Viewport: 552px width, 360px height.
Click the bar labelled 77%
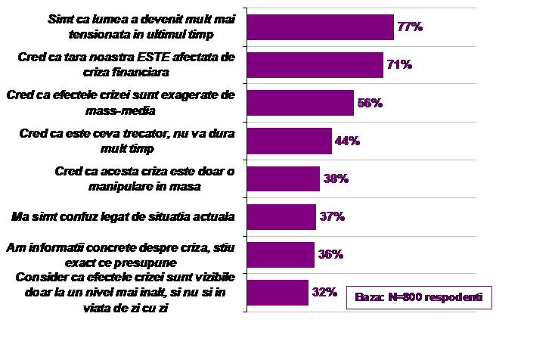point(321,26)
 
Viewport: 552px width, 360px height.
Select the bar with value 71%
point(315,65)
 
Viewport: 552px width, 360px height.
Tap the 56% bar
point(300,103)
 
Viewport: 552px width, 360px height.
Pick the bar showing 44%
point(290,141)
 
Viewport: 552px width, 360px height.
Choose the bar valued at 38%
point(284,178)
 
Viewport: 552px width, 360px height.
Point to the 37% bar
point(281,216)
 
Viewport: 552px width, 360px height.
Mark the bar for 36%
point(281,254)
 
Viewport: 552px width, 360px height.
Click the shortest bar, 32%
point(278,292)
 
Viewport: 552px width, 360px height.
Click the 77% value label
point(409,26)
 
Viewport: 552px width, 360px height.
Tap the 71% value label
point(398,65)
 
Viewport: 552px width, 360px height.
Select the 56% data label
point(369,103)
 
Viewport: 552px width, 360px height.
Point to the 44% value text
point(347,141)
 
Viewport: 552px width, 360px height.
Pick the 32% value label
point(324,292)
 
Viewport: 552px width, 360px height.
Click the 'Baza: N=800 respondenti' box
point(419,296)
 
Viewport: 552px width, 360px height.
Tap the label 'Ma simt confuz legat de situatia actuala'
point(124,216)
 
